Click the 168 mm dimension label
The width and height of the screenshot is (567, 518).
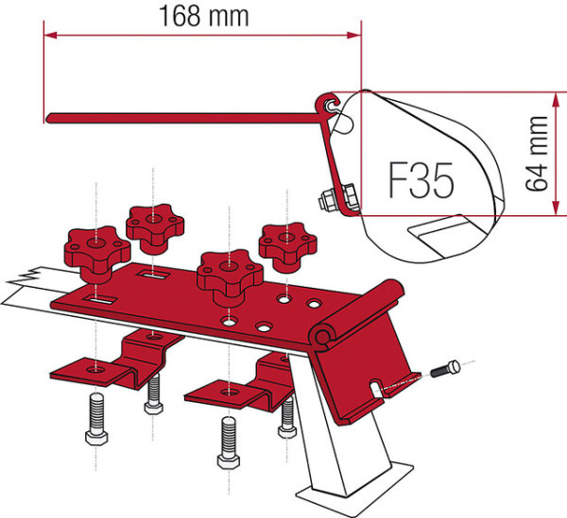(204, 16)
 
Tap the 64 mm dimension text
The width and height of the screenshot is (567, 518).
(537, 154)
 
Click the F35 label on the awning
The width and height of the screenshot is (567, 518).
(421, 180)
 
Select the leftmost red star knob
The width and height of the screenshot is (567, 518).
(97, 254)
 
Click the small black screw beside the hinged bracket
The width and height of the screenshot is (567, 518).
(445, 369)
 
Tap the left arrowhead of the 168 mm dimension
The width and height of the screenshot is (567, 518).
(50, 35)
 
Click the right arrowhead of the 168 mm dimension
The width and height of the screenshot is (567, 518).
(354, 35)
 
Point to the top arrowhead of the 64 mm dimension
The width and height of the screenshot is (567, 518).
(554, 100)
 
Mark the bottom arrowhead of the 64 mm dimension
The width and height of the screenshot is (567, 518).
(554, 209)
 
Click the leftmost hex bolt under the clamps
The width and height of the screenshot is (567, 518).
(96, 419)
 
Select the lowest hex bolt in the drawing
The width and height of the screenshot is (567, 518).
(228, 443)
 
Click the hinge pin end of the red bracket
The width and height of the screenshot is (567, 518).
(320, 337)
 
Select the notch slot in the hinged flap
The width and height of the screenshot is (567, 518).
(376, 389)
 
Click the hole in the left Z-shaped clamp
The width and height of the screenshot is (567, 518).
(96, 370)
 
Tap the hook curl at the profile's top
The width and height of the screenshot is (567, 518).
(327, 103)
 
